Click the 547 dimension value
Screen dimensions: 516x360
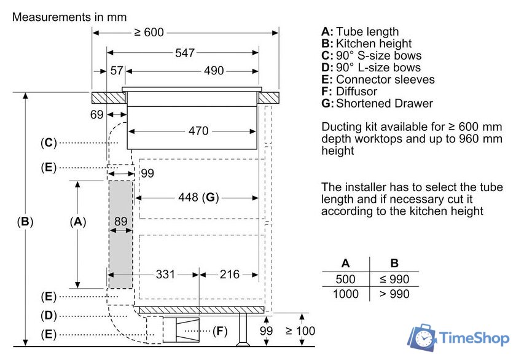(185, 53)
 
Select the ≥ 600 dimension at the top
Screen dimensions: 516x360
(149, 32)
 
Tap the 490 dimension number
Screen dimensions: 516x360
(214, 71)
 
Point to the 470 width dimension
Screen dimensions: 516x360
(198, 131)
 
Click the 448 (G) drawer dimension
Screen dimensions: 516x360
(198, 197)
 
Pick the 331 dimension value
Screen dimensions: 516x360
(165, 275)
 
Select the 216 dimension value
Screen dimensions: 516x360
(229, 275)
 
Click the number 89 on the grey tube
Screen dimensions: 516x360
(121, 221)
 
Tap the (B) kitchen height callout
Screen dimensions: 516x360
(25, 222)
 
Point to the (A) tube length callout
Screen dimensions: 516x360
(78, 222)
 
